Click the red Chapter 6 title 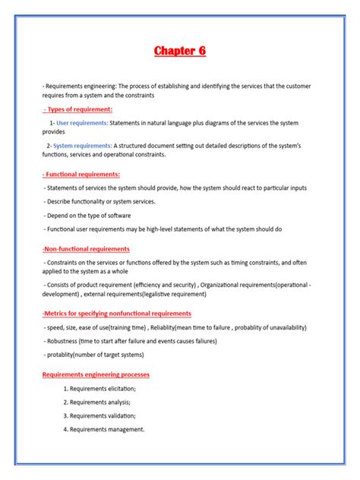(180, 51)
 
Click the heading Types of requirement (78, 109)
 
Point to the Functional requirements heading (81, 175)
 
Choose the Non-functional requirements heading (86, 248)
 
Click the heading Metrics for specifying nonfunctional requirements (116, 313)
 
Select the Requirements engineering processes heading (96, 374)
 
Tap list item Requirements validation (103, 415)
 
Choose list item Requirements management (106, 429)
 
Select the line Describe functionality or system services (100, 201)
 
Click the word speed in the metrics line (55, 327)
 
